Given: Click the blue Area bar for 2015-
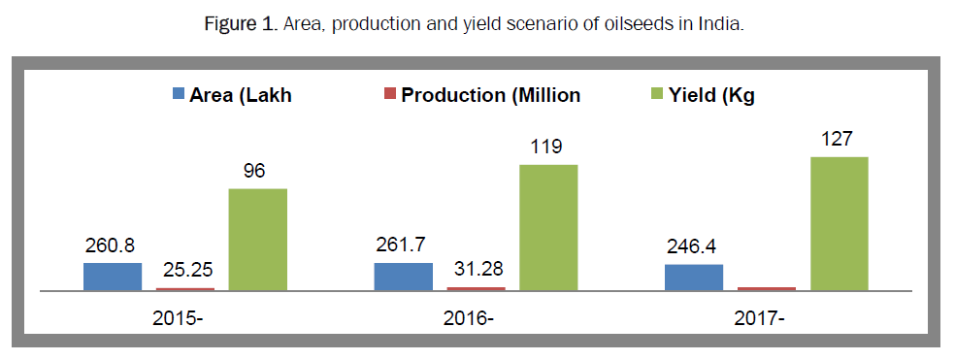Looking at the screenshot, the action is [x=113, y=277].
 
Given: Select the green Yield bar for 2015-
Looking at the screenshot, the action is [x=257, y=240].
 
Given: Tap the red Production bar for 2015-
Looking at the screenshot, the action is [x=185, y=289].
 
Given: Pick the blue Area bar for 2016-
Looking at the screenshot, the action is [x=403, y=277].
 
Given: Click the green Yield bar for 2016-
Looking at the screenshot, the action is [x=548, y=228].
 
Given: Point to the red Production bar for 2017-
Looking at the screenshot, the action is [x=766, y=289].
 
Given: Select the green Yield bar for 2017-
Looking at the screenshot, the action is [x=839, y=224].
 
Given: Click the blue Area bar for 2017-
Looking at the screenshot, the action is [x=694, y=278].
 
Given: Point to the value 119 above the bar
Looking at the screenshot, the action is [x=548, y=147].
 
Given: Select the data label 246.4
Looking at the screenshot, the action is [x=694, y=247].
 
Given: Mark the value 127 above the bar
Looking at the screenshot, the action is [x=839, y=140].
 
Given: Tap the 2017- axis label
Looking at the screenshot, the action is [x=759, y=318].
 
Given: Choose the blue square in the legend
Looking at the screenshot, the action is [x=179, y=94].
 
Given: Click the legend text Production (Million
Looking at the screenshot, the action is [x=490, y=95].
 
